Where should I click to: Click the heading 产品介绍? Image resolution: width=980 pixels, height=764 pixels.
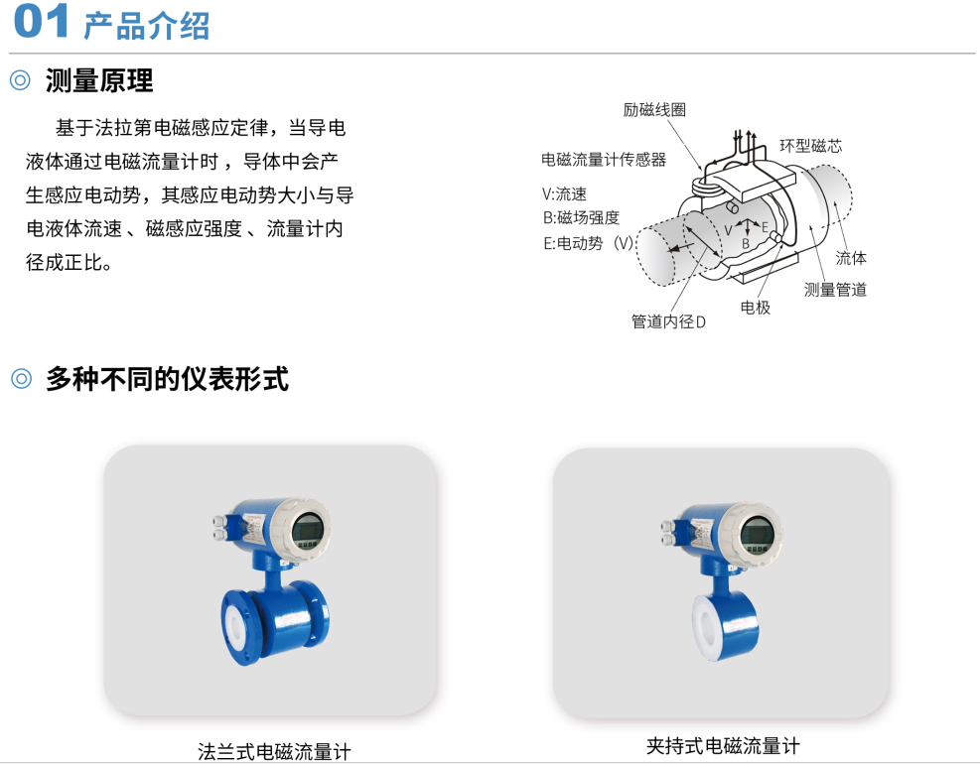[146, 26]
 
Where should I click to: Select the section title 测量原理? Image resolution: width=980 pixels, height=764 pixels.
[99, 81]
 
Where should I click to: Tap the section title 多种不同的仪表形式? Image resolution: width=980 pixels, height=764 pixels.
[167, 379]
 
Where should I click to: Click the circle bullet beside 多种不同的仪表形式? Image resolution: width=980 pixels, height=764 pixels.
[20, 379]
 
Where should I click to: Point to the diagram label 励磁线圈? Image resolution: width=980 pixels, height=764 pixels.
[654, 110]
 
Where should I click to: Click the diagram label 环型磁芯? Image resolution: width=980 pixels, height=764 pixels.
[810, 146]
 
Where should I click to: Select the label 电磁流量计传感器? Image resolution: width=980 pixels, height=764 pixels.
[604, 159]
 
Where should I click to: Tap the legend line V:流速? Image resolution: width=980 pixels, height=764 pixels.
[564, 194]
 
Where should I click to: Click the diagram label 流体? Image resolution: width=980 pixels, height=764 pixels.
[850, 258]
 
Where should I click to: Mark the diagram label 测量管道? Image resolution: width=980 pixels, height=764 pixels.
[835, 290]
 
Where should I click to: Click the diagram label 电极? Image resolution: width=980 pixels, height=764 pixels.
[755, 308]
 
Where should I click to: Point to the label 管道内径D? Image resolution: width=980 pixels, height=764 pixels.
[668, 321]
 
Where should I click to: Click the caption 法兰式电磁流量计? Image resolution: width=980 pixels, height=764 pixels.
[274, 751]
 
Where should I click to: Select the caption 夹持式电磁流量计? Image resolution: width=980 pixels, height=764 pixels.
[723, 746]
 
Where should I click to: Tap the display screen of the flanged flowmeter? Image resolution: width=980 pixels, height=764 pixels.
[309, 529]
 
